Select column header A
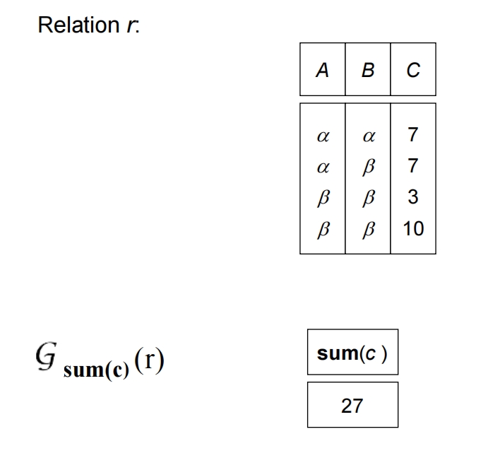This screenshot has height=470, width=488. coord(323,70)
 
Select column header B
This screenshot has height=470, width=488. coord(367,70)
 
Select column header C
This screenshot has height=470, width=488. coord(413,70)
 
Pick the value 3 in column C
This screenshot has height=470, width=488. coord(413,197)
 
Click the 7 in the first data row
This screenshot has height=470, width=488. coord(413,134)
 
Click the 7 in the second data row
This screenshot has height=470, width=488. coord(413,166)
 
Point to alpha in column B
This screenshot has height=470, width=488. coord(367,135)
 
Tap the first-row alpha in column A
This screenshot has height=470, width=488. coord(323,135)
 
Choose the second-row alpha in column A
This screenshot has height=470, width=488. coord(323,167)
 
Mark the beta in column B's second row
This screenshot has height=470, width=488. coord(367,167)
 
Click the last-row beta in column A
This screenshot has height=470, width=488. coord(323,230)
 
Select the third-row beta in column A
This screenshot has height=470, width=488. coord(323,198)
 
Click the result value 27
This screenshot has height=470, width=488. coord(352,405)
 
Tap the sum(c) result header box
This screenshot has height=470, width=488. coord(352,353)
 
